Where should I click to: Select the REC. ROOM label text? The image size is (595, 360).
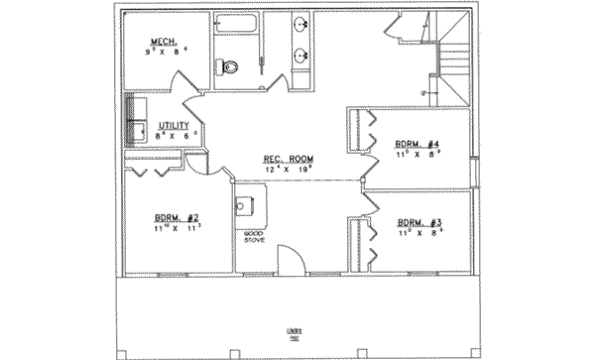coord(288,160)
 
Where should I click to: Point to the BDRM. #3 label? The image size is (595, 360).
coord(419,223)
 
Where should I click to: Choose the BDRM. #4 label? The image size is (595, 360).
coord(416,143)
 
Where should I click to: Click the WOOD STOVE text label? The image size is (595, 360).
coord(253,237)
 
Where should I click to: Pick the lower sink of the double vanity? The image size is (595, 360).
coord(300,55)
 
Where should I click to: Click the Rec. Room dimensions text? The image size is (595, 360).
coord(288,170)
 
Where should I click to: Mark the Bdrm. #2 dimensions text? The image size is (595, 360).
coord(178,227)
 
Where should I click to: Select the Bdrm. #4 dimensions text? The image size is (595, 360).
coord(416,153)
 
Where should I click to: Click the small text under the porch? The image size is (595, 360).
coord(296,333)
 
